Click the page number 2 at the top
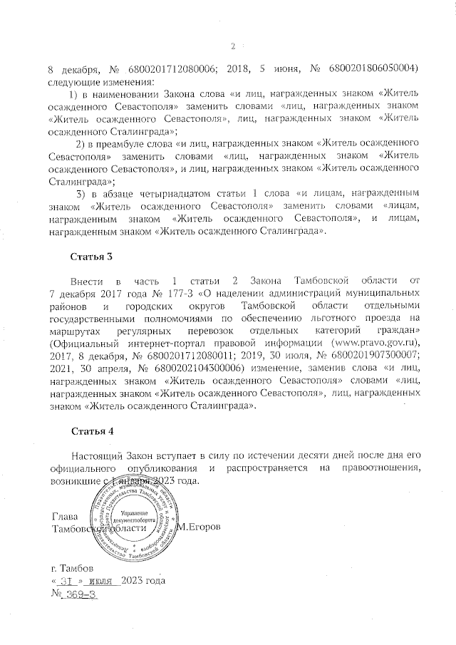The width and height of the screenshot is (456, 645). point(232,47)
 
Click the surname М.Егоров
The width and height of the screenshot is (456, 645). point(202,527)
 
